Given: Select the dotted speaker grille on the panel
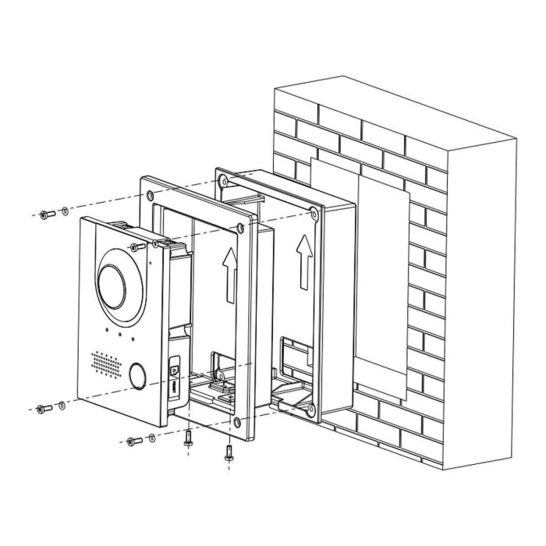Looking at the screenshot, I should click(x=107, y=363).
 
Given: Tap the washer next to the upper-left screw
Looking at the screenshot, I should click(x=62, y=212).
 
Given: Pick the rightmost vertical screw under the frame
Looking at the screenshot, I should click(x=228, y=451).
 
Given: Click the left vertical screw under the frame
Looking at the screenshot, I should click(x=188, y=439).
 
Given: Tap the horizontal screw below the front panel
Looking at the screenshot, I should click(x=133, y=440).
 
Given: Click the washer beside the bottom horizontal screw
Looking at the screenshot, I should click(x=151, y=438).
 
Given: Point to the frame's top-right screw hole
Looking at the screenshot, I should click(x=240, y=228).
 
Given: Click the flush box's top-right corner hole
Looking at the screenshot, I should click(x=312, y=211).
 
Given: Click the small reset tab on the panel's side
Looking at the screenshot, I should click(x=174, y=363).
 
